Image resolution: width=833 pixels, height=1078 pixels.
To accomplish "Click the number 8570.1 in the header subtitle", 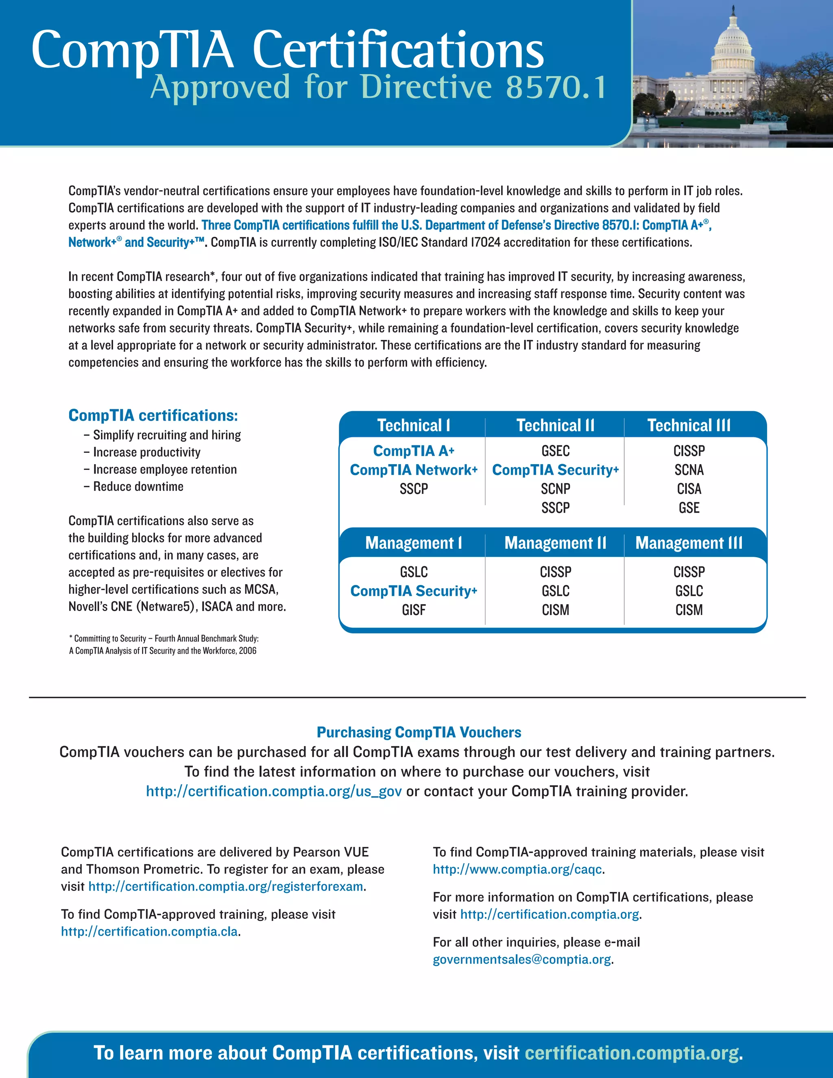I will point(556,87).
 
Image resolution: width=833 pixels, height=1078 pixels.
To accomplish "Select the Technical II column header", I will point(555,426).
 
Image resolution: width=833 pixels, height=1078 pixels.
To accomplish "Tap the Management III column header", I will point(689,543).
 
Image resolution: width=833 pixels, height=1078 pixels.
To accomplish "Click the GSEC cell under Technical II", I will point(555,451).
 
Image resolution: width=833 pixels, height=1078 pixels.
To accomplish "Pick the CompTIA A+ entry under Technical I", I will point(414,451).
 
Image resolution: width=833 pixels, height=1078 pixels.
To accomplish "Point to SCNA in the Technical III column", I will point(689,470).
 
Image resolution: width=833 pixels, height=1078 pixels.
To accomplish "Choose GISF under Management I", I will point(414,610).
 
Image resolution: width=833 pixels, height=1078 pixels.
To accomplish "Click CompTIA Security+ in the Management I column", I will point(414,591).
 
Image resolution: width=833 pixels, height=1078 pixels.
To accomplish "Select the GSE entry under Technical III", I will point(689,508).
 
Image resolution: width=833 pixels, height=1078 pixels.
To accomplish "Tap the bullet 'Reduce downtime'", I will point(138,487).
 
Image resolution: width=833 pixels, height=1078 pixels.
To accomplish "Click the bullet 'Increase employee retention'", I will point(165,469).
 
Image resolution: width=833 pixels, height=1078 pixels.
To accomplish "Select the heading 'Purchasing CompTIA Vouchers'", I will point(419,732).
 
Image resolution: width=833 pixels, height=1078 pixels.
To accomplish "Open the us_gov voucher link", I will point(273,791).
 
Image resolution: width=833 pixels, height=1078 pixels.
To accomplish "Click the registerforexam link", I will point(226,886).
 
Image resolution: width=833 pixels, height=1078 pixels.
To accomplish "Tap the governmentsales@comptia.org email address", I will point(521,960).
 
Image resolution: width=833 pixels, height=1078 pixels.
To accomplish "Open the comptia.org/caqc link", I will point(517,869).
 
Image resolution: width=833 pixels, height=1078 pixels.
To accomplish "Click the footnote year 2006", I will point(248,650).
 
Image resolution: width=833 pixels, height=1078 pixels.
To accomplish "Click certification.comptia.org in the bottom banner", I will point(632,1053).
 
